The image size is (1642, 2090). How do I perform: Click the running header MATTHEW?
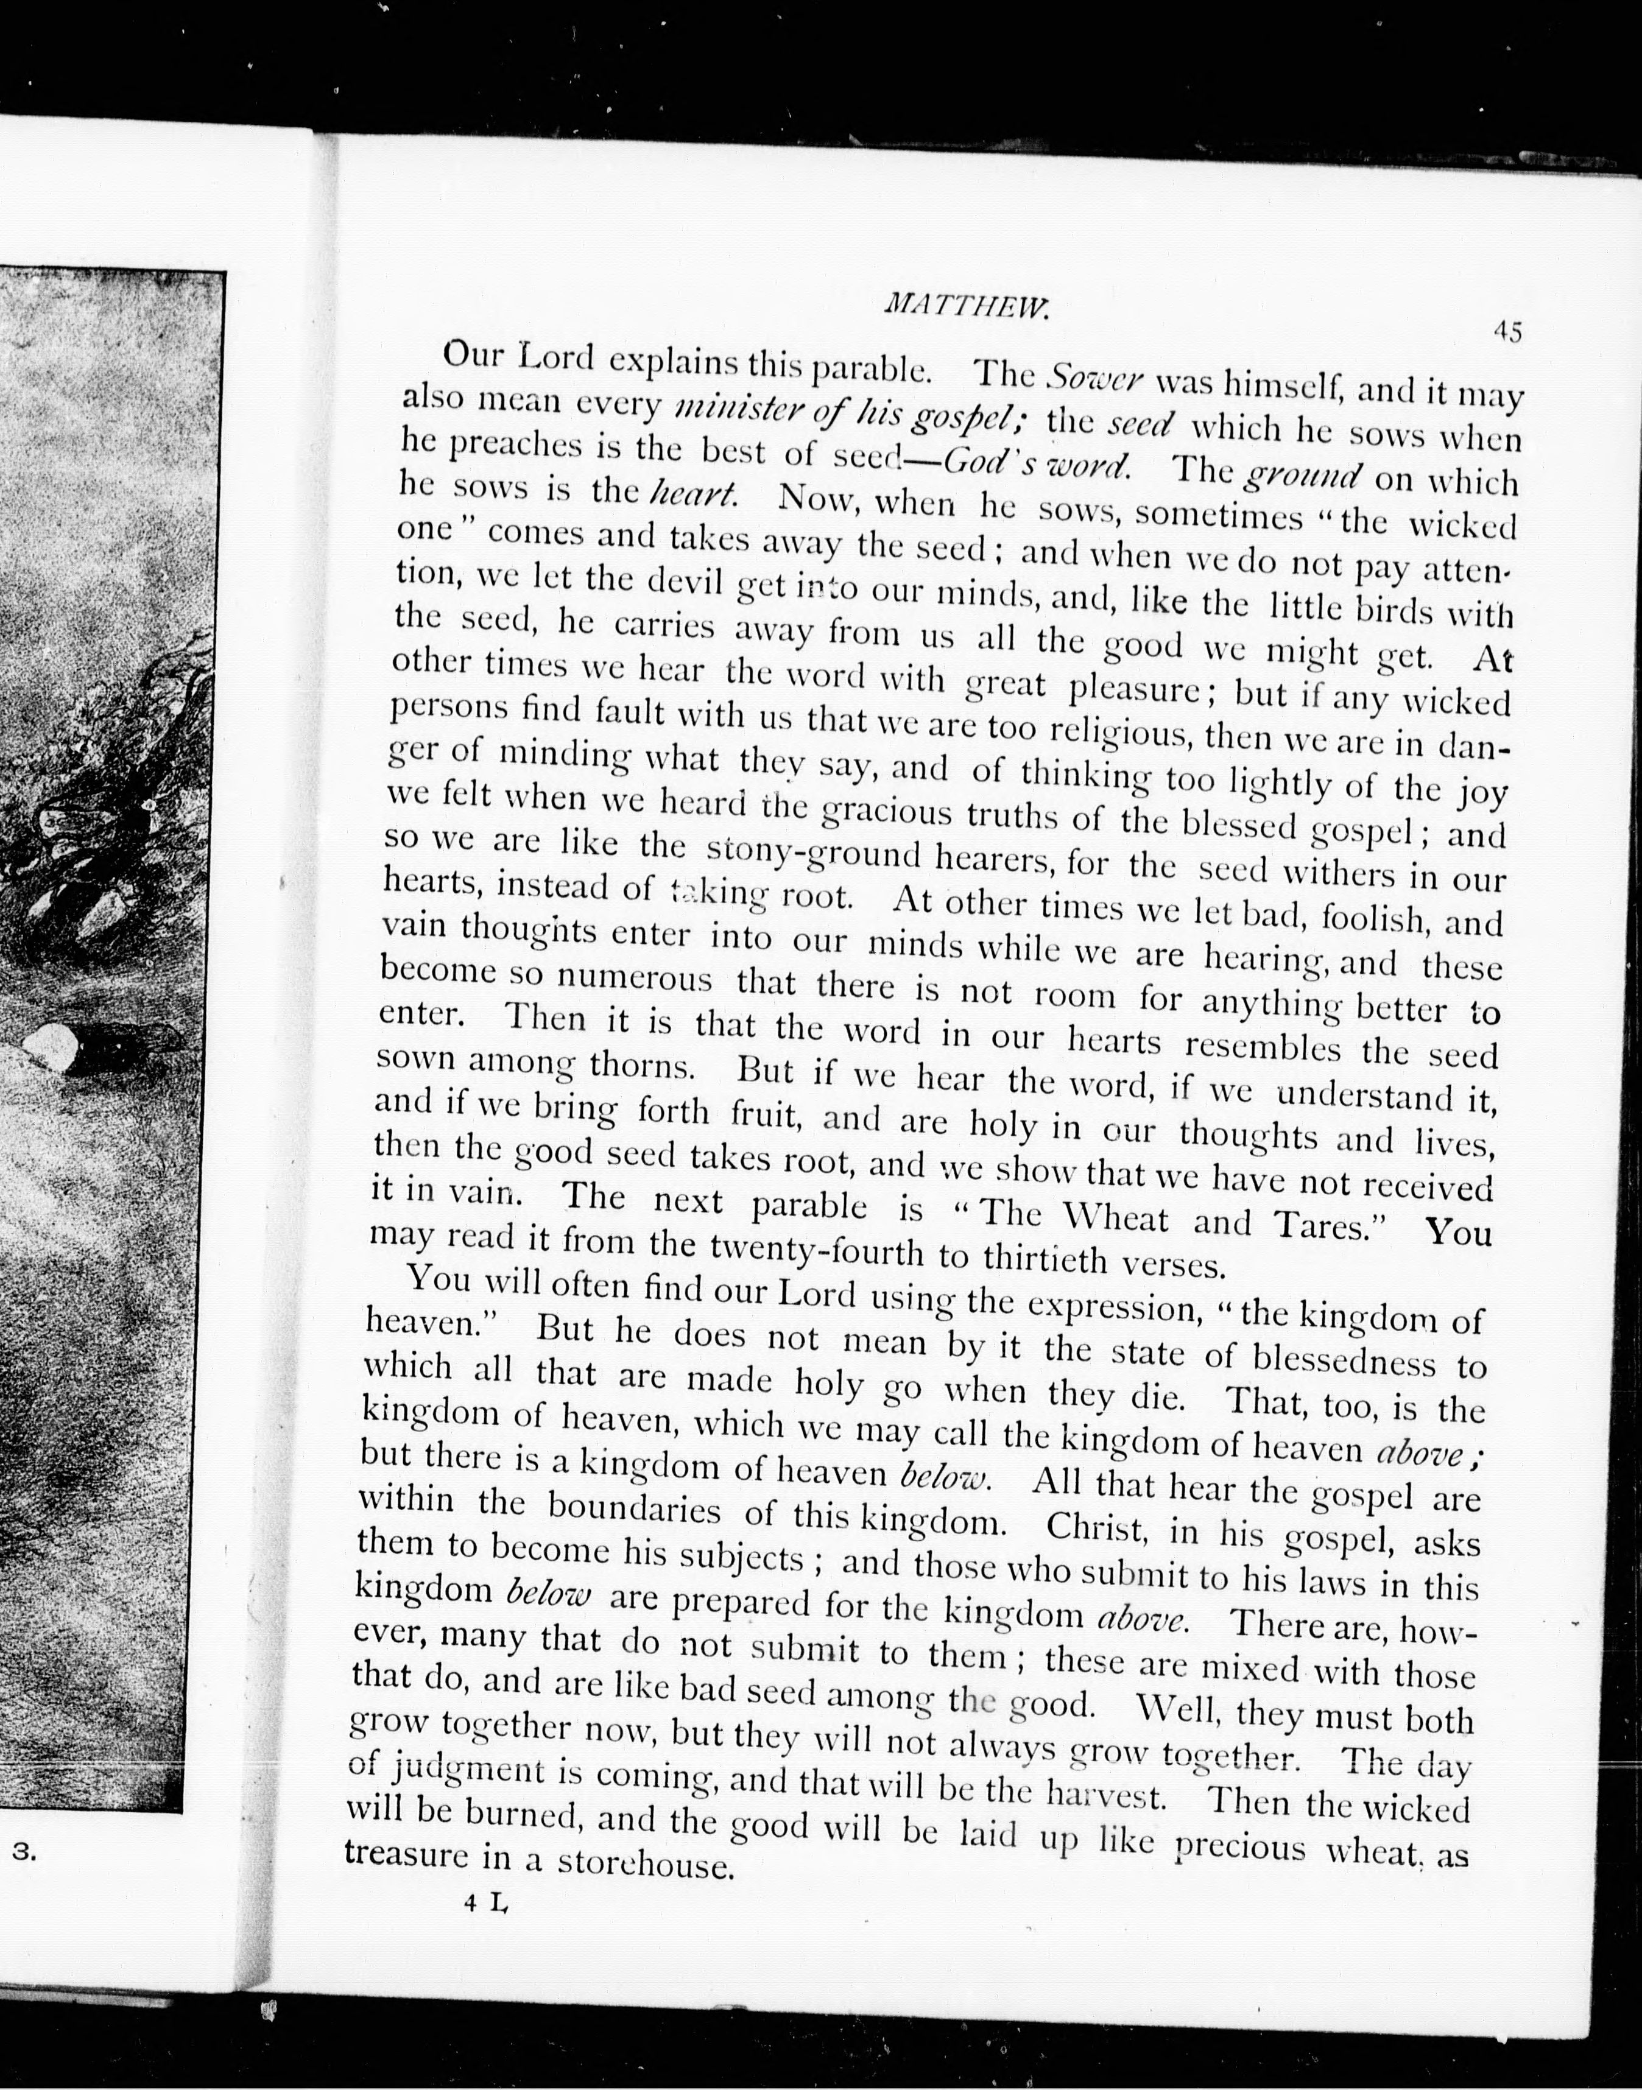tap(965, 306)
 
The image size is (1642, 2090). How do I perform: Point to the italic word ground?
tap(1303, 475)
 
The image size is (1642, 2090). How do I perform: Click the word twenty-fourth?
tap(817, 1250)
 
